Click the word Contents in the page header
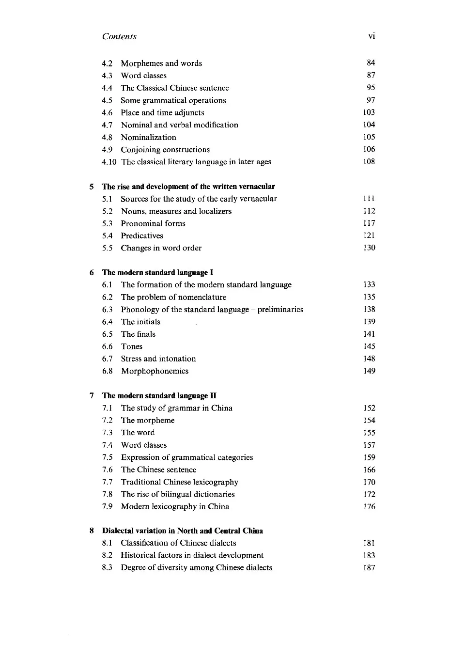(x=119, y=36)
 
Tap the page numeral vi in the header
(x=372, y=36)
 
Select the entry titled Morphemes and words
(x=161, y=63)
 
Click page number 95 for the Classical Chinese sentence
(x=371, y=88)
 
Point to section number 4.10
(x=109, y=162)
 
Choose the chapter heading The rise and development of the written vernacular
(x=188, y=187)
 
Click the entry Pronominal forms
(x=153, y=223)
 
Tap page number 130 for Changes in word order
(x=369, y=248)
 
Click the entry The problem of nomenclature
(x=173, y=297)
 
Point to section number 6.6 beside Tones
(x=107, y=346)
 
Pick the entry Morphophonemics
(x=155, y=371)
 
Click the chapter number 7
(x=92, y=396)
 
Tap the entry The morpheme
(x=148, y=421)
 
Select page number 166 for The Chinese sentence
(x=369, y=470)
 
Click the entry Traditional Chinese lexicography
(x=180, y=482)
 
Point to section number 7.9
(x=107, y=507)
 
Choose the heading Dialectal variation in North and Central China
(x=182, y=531)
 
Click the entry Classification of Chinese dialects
(x=178, y=543)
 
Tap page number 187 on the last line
(x=369, y=568)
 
